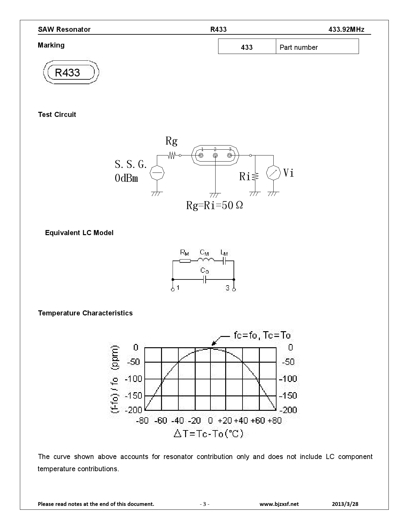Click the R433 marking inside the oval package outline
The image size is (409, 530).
[67, 73]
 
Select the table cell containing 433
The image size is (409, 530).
[247, 47]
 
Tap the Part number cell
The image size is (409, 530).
[317, 47]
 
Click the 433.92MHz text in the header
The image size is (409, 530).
[346, 30]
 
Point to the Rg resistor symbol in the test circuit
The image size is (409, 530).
[172, 155]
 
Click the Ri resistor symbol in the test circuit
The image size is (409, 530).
[255, 176]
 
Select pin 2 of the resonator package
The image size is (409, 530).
[215, 155]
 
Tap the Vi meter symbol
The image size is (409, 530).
[273, 173]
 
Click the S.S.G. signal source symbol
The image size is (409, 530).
[157, 173]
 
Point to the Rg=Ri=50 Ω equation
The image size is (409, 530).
[214, 206]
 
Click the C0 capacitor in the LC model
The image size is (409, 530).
[205, 279]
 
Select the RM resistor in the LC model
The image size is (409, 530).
[185, 261]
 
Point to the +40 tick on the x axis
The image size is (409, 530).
[241, 420]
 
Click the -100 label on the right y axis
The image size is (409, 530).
[288, 379]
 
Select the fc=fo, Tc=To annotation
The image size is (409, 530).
[262, 336]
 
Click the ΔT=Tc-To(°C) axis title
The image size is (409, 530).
[209, 434]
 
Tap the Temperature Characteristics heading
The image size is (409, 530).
[85, 313]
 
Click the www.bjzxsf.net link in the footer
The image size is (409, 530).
[279, 504]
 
